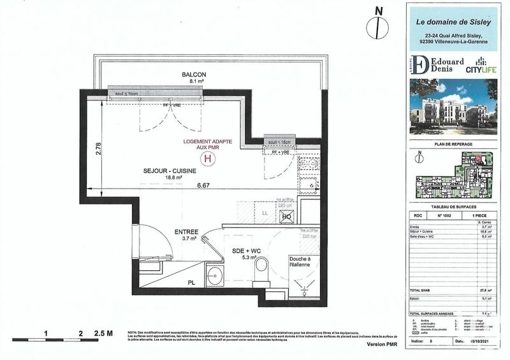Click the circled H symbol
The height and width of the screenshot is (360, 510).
tap(206, 159)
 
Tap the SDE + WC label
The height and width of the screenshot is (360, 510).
tap(245, 252)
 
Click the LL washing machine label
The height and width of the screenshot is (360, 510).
tap(265, 211)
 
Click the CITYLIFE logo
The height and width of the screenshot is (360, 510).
tap(477, 67)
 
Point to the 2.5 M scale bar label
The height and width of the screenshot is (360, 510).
tap(103, 333)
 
